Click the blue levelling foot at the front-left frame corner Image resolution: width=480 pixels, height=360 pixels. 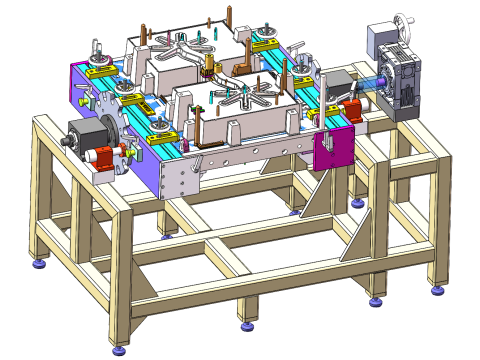point(121,349)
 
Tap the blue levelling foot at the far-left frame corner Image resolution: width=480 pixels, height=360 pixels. point(41,264)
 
